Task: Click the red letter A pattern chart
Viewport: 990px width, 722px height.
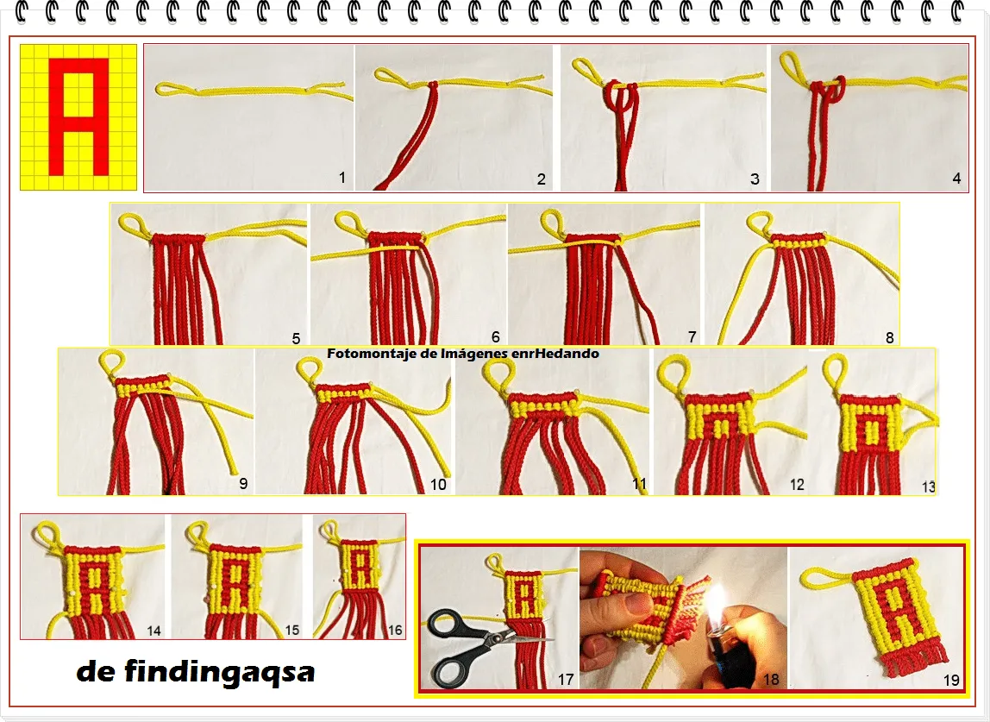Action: coord(78,116)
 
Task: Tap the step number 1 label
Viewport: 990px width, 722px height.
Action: coord(342,178)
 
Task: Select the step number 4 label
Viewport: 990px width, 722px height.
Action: coord(956,179)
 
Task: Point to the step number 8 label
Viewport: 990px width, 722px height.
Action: coord(890,338)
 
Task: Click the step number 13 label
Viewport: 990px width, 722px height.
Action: coord(928,487)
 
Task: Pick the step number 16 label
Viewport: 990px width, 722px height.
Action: coord(395,630)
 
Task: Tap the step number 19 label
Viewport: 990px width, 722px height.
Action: coord(951,680)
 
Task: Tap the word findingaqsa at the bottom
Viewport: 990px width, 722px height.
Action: coord(219,671)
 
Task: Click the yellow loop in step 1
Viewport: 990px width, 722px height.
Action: coord(166,89)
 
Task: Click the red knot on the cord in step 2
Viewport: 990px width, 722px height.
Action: coord(433,85)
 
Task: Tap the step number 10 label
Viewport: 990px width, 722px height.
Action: coord(438,485)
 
